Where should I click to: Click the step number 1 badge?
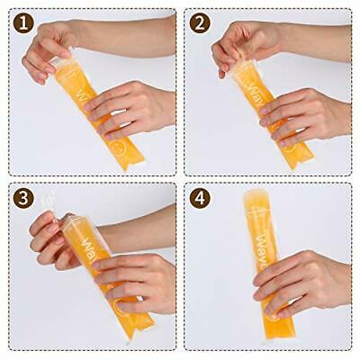coord(23,23)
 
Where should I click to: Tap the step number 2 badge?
coord(200,23)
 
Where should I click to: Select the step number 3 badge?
coord(23,199)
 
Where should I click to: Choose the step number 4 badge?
coord(200,199)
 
